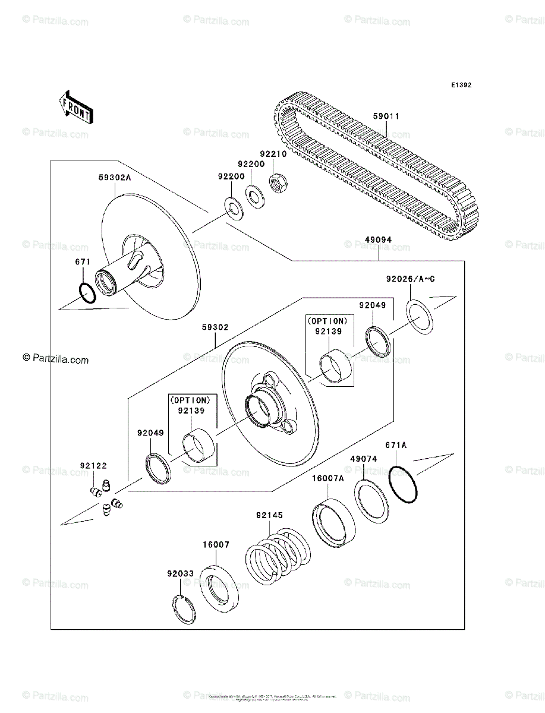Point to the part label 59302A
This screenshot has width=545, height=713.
(x=115, y=176)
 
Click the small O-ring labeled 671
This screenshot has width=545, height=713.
(x=86, y=293)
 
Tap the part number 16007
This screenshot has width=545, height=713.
(x=215, y=544)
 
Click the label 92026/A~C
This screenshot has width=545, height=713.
(x=411, y=279)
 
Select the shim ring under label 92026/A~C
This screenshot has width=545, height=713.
(x=420, y=317)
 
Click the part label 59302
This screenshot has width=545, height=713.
(x=215, y=327)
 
